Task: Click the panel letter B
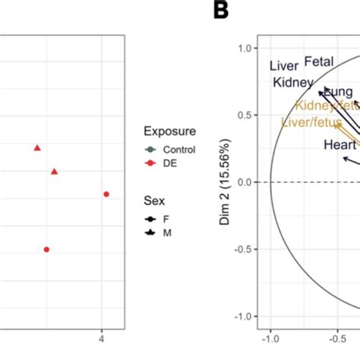221,10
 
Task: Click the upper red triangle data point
36,147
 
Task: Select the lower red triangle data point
54,172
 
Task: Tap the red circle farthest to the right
106,194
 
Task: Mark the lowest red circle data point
46,249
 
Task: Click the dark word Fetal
319,62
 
